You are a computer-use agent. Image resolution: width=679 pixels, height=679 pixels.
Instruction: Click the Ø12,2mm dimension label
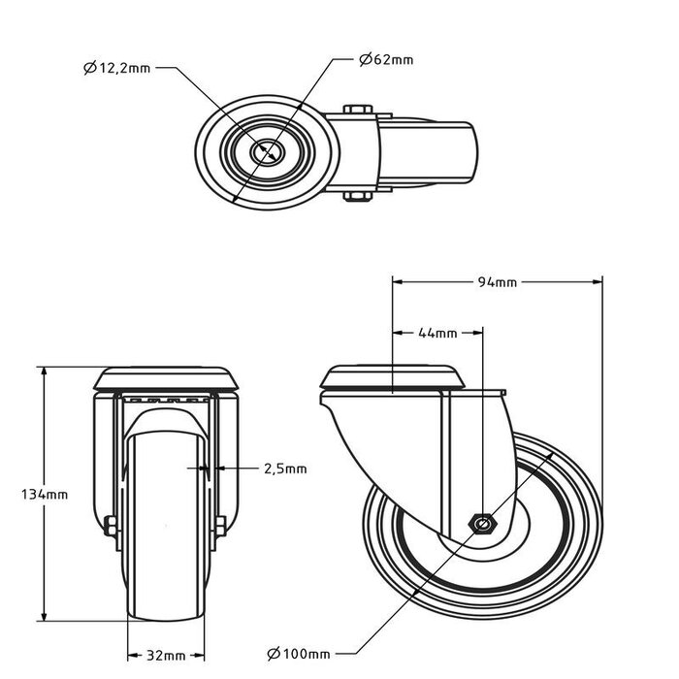(x=116, y=67)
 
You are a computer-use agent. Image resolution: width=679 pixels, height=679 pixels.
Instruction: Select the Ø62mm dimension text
(x=385, y=59)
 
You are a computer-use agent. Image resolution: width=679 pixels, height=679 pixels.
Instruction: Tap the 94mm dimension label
(x=497, y=282)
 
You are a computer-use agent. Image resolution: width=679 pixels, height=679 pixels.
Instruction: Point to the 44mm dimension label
(x=436, y=333)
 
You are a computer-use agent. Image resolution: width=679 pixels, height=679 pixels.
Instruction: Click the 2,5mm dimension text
(x=284, y=469)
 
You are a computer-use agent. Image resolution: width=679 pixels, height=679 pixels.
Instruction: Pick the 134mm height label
(x=45, y=494)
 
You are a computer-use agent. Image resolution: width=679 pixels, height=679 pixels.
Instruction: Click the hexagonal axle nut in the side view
(x=482, y=523)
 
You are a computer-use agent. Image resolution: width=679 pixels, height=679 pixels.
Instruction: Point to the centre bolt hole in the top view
(x=265, y=153)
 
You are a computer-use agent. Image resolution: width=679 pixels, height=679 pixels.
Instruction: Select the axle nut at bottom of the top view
(x=356, y=198)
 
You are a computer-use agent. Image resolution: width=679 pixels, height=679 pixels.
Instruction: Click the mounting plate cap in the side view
(x=391, y=376)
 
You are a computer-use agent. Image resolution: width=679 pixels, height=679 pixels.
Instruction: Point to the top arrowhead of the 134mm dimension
(x=45, y=372)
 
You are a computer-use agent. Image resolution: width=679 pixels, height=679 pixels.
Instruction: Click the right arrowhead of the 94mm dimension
(x=598, y=282)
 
